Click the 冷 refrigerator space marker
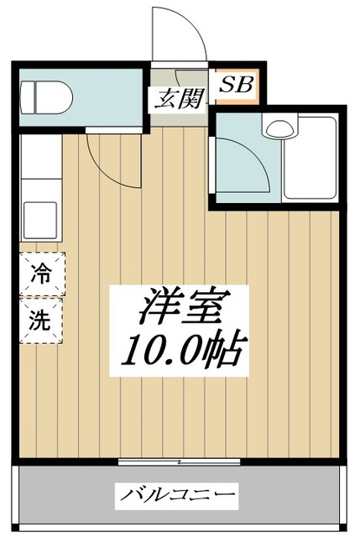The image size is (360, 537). tap(40, 273)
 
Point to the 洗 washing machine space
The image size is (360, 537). tap(40, 320)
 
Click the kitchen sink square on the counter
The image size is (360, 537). tap(40, 220)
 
